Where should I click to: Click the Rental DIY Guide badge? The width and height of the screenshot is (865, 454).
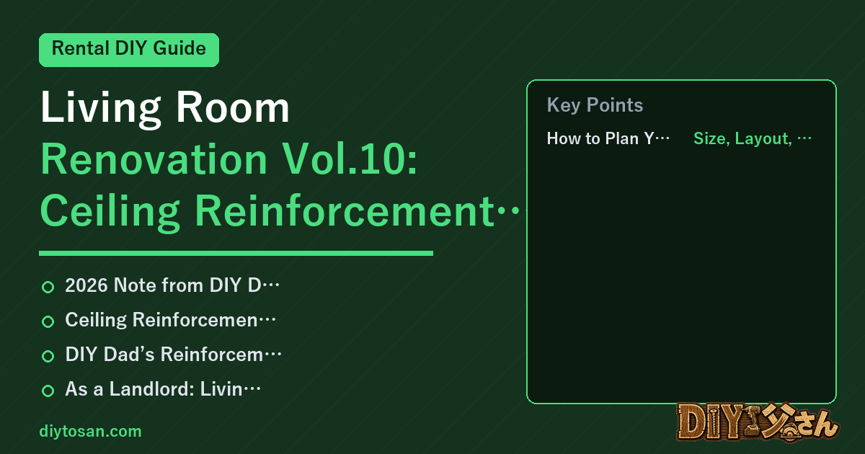coord(129,50)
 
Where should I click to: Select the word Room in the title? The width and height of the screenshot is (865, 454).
coord(232,107)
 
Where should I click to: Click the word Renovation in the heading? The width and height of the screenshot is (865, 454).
coord(154,159)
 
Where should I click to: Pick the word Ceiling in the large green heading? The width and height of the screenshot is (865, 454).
coord(110,212)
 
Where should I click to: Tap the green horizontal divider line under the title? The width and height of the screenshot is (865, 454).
coord(236,253)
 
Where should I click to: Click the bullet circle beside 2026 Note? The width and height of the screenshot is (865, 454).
coord(48,288)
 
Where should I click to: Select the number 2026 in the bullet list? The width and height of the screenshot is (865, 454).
coord(86,285)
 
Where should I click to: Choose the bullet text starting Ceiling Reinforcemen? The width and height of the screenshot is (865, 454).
coord(170,320)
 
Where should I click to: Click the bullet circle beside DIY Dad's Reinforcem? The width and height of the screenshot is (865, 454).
coord(48,356)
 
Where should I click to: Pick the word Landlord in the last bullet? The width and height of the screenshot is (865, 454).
coord(151,388)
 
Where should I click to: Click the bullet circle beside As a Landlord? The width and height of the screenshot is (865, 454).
coord(48,391)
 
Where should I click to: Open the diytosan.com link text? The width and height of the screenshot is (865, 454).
coord(90,431)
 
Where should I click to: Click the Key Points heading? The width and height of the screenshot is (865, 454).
coord(595,105)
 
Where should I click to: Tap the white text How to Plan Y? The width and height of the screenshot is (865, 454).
coord(608,138)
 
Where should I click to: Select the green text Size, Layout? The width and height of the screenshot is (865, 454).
coord(753,138)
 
